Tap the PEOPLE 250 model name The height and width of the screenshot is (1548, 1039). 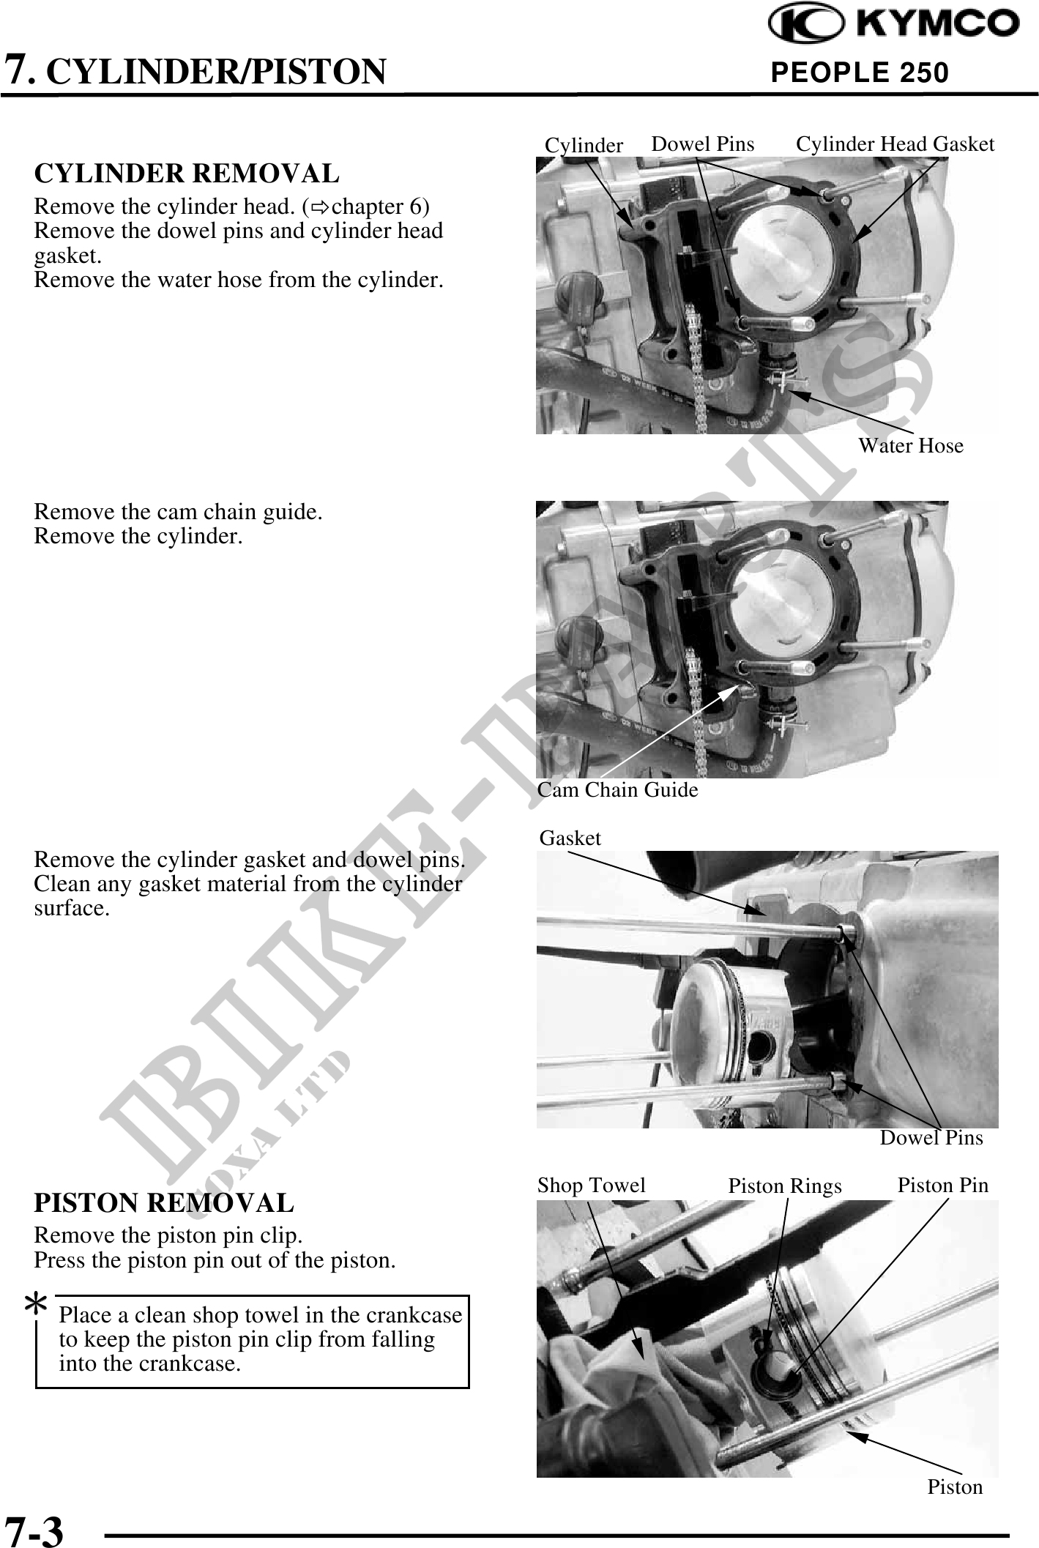[x=860, y=72]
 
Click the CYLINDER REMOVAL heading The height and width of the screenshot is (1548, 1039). [x=187, y=174]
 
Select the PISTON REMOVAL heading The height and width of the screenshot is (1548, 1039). [x=164, y=1202]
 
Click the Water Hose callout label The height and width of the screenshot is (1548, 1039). [x=911, y=445]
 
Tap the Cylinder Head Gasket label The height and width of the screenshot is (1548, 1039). [x=895, y=144]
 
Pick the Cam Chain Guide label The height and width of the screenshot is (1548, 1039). [x=618, y=789]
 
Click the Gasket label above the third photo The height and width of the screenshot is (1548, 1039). [x=570, y=838]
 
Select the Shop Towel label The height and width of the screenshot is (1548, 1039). [x=592, y=1185]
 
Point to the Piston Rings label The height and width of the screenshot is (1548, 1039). [x=785, y=1186]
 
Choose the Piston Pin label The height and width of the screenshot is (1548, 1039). [x=943, y=1185]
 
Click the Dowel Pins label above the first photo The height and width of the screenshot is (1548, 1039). [x=703, y=144]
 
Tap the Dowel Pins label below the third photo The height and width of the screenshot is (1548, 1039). [x=931, y=1137]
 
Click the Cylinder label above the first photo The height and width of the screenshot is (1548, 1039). [x=584, y=146]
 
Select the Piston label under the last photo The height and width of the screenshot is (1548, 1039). [x=955, y=1486]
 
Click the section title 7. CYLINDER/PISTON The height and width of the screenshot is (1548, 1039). [x=195, y=71]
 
